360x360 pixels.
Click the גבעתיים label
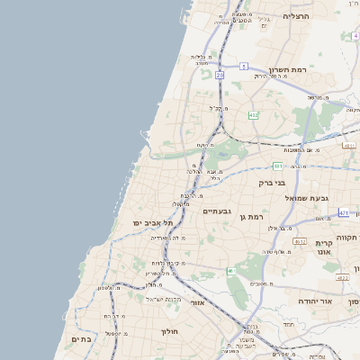point(217,211)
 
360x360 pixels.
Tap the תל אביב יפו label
point(125,221)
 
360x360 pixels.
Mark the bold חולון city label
point(170,331)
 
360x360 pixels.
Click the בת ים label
point(82,339)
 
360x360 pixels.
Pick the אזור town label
point(197,302)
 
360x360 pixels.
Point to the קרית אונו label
point(325,248)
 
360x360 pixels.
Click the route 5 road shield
point(243,66)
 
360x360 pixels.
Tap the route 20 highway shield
point(220,75)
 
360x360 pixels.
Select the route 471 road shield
point(344,212)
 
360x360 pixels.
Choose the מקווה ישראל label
point(164,299)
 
